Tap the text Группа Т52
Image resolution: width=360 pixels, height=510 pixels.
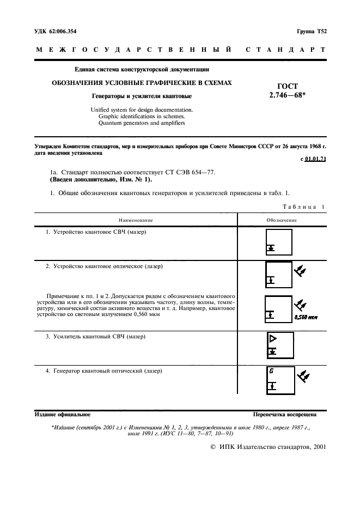[x=311, y=31]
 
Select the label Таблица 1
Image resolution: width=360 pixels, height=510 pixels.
[x=304, y=207]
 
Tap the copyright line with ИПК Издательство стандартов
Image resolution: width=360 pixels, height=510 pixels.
[x=268, y=446]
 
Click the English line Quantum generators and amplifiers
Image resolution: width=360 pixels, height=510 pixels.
[x=142, y=123]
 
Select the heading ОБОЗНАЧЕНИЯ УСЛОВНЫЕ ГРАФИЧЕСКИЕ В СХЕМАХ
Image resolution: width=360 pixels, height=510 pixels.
[x=142, y=83]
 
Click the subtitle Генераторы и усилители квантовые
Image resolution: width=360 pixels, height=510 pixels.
[x=142, y=96]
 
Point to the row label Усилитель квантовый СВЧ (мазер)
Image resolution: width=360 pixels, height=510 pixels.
[x=96, y=337]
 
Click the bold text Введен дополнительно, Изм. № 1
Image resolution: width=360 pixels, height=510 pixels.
[x=101, y=179]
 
